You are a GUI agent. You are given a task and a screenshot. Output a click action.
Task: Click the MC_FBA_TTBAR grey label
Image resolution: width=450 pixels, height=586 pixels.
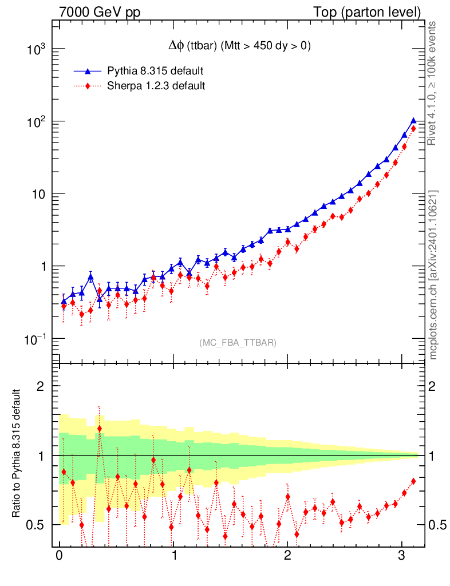coord(238,343)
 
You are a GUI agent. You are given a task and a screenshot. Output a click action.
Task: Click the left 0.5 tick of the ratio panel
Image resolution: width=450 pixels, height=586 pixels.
coord(35,525)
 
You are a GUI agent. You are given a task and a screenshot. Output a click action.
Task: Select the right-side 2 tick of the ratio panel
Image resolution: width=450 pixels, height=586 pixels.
coord(433,386)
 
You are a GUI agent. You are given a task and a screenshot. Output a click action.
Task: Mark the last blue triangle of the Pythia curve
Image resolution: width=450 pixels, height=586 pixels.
coord(413,120)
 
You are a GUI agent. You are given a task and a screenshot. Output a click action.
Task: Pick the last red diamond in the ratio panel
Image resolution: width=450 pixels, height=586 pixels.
coord(413,481)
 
